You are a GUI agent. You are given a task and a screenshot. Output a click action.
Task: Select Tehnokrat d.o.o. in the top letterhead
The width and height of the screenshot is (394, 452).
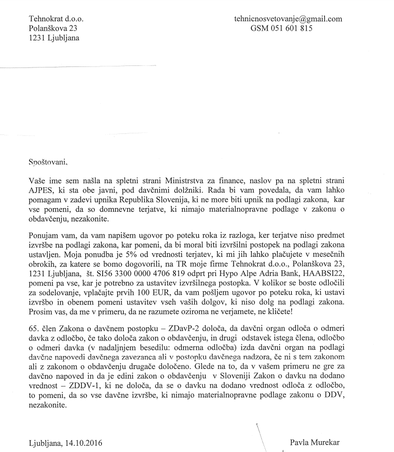pyautogui.click(x=57, y=19)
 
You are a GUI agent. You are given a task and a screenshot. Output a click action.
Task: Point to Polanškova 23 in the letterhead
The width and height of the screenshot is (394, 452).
pyautogui.click(x=53, y=29)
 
